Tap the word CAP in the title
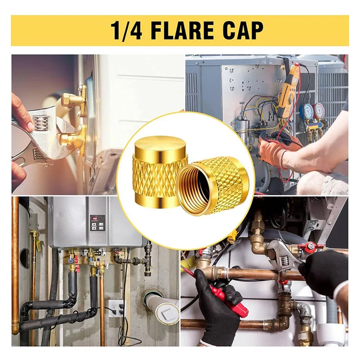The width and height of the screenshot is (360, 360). point(241,31)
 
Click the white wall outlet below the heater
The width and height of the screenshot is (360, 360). point(116,308)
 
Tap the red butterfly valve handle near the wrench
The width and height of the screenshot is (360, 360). point(311,247)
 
